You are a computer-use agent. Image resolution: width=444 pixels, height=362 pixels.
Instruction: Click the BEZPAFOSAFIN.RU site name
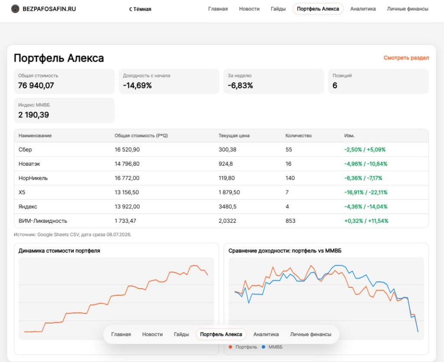(49, 9)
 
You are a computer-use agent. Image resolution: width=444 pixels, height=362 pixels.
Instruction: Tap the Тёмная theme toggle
(140, 9)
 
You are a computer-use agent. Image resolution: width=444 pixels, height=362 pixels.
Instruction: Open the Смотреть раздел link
(406, 58)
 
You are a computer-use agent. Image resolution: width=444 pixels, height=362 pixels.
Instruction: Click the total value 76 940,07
(36, 86)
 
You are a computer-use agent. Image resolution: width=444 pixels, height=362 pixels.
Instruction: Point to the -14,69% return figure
(137, 86)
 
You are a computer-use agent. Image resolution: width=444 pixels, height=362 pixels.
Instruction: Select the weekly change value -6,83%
(240, 86)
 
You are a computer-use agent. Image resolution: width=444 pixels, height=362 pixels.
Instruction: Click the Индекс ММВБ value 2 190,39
(34, 115)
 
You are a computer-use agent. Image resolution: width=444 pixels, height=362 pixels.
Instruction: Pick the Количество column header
(298, 135)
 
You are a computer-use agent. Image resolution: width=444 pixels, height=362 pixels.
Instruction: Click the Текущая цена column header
(234, 135)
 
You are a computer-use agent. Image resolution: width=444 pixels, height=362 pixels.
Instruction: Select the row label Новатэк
(29, 164)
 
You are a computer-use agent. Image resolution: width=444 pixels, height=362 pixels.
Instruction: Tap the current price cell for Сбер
(227, 149)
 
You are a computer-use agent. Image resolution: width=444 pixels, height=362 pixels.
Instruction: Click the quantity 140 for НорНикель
(290, 178)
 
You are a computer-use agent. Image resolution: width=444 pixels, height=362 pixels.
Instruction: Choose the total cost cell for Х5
(127, 192)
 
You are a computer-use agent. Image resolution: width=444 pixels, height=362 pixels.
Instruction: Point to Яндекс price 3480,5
(227, 207)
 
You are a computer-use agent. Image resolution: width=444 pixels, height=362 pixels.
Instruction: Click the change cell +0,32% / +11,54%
(366, 221)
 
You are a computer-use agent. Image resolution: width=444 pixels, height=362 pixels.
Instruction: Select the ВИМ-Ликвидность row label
(43, 221)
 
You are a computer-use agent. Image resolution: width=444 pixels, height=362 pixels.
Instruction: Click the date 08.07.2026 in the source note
(118, 234)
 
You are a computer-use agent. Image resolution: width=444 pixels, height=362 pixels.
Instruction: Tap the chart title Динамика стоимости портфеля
(59, 250)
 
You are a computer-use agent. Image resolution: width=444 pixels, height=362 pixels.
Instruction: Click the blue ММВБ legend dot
(264, 347)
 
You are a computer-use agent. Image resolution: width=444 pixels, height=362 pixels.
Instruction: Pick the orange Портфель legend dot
(230, 347)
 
